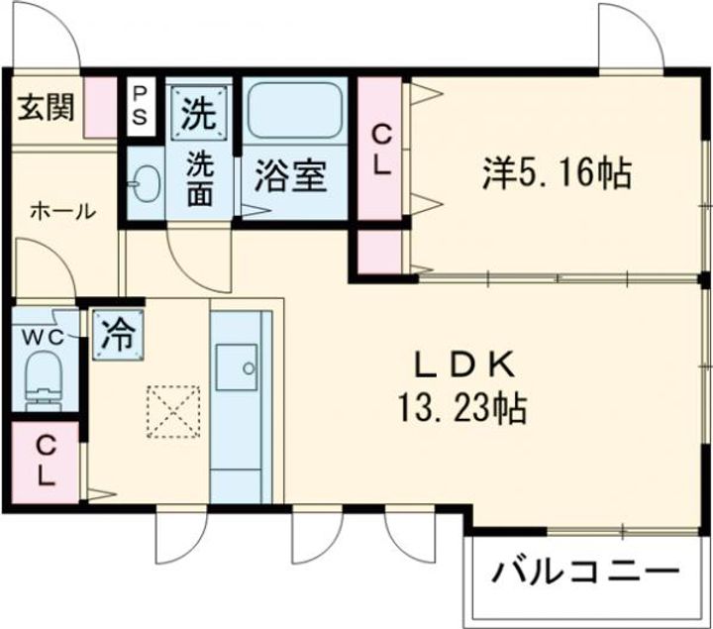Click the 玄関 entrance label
[x=45, y=107]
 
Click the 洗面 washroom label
[x=200, y=177]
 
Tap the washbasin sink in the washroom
[x=147, y=182]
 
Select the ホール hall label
[x=61, y=211]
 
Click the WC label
[x=44, y=337]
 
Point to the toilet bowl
[x=44, y=381]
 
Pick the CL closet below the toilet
[x=46, y=460]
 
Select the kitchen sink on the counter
[x=238, y=369]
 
